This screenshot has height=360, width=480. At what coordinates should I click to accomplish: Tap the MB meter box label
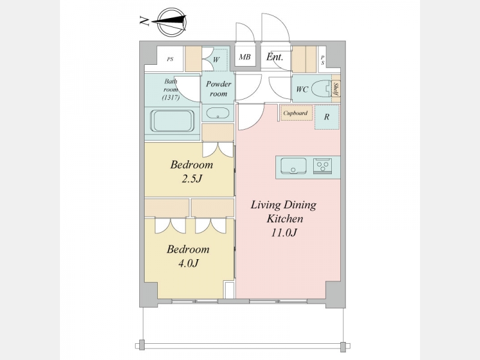[x=245, y=57]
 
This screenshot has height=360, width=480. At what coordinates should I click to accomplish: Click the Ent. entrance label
[x=275, y=56]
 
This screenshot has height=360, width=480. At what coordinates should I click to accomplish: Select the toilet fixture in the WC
[x=322, y=89]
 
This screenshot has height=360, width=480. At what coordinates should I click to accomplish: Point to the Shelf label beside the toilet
[x=336, y=89]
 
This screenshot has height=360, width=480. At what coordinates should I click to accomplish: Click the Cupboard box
[x=296, y=113]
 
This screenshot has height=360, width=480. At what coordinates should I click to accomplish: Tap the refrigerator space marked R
[x=327, y=117]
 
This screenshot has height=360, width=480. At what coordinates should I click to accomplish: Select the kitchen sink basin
[x=293, y=166]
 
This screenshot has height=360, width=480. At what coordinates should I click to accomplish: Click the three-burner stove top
[x=323, y=166]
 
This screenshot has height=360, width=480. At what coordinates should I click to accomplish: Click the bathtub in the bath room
[x=172, y=121]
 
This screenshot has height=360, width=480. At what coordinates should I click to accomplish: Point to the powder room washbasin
[x=218, y=113]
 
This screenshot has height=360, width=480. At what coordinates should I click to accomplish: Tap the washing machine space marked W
[x=216, y=59]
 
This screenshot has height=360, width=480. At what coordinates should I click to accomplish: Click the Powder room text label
[x=218, y=89]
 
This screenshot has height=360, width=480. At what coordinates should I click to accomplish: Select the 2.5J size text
[x=192, y=179]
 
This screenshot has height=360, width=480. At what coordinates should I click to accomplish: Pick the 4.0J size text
[x=188, y=263]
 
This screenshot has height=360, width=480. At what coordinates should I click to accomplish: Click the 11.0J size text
[x=284, y=233]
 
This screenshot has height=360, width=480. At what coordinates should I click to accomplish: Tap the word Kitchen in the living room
[x=284, y=218]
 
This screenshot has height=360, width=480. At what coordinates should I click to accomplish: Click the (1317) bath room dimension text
[x=171, y=98]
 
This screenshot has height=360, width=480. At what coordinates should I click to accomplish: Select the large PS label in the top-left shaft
[x=170, y=59]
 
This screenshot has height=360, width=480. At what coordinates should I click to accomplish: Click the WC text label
[x=302, y=89]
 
